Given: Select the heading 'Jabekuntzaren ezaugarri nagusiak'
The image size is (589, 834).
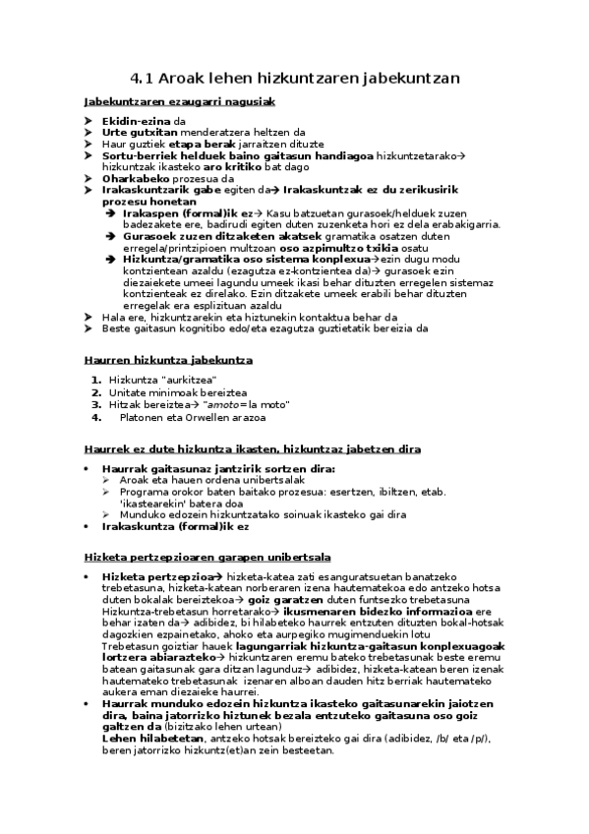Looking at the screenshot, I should tap(179, 101).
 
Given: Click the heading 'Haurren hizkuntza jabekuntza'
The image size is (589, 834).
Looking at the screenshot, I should tap(169, 361).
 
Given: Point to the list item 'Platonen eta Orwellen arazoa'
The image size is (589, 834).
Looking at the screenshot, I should tap(192, 417).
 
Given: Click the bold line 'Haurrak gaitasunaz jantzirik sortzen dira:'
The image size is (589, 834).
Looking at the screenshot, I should tap(218, 469).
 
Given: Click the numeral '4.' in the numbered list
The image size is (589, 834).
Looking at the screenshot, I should tap(96, 417).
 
